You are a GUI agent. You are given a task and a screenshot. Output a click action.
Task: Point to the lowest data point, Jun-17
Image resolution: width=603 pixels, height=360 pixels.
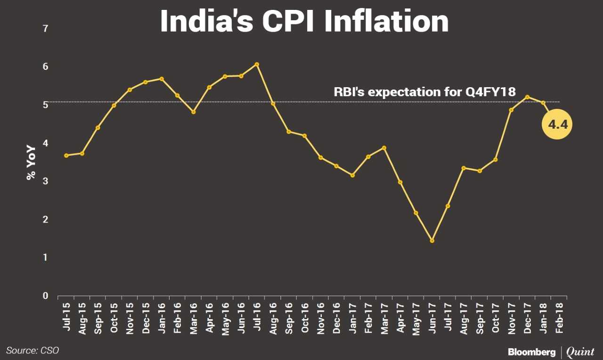coord(432,241)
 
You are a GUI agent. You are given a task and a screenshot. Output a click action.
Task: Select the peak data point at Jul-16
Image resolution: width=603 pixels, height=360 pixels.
coord(257,65)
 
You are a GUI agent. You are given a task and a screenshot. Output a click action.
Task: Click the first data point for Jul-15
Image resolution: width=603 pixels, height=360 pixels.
coord(66,155)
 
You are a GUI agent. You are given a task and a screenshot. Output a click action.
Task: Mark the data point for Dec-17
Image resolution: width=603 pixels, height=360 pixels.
coord(527,97)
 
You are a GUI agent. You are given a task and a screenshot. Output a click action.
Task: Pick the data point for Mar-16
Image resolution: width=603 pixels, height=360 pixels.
coord(194,112)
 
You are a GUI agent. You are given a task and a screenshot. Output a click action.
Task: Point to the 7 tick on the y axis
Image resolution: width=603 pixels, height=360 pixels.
coord(45,29)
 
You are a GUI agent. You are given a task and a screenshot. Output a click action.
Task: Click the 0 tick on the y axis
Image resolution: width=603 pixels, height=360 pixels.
coord(45,296)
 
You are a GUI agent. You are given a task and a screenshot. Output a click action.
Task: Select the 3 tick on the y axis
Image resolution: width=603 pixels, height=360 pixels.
coord(45,181)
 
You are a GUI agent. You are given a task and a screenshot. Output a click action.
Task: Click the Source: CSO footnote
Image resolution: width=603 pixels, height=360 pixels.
coord(33,350)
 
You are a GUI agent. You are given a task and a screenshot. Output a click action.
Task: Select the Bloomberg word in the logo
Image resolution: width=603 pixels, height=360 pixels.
coord(531,352)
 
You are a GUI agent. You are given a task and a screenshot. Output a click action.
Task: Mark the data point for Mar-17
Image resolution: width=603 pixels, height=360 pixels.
coord(384,148)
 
